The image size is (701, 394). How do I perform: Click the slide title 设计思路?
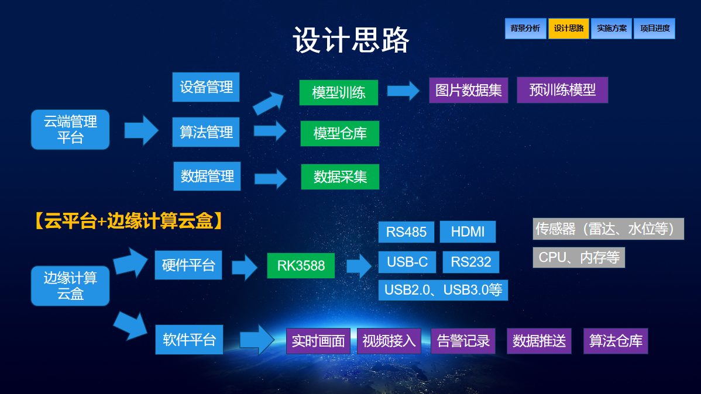[x=351, y=40]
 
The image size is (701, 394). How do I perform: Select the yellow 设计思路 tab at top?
[x=568, y=29]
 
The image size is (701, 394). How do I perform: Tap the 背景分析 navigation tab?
[x=525, y=29]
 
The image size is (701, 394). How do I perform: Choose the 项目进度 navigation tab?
[x=654, y=29]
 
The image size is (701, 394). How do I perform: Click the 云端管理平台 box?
[x=70, y=129]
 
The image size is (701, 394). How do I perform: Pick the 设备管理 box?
[x=206, y=87]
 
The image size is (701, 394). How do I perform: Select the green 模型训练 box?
[x=338, y=92]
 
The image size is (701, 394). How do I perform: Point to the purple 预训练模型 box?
[x=562, y=90]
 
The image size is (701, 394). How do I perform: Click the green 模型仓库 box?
[x=340, y=133]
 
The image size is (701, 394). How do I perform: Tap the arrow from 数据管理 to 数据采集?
[x=270, y=178]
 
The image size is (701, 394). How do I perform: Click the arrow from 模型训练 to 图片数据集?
[x=403, y=90]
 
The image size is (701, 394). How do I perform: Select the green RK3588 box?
[x=301, y=266]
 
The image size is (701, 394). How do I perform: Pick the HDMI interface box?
[x=468, y=231]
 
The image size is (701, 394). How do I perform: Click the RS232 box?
[x=471, y=262]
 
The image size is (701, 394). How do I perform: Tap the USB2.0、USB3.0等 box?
[x=443, y=289]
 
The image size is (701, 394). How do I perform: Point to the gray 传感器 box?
[x=608, y=229]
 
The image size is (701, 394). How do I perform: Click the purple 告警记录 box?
[x=463, y=341]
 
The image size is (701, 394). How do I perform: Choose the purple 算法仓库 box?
[x=616, y=341]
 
